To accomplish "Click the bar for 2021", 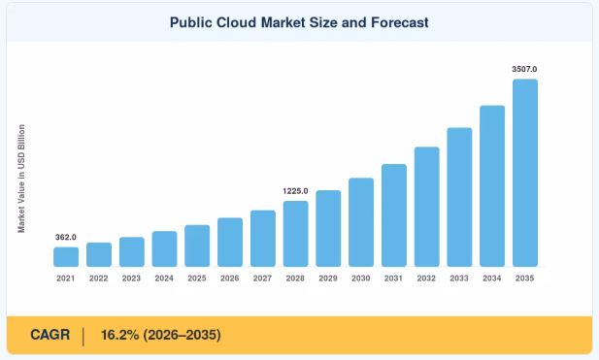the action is click(66, 257).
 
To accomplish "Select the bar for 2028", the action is click(295, 234).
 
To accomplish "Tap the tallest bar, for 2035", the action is click(525, 173).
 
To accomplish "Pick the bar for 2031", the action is click(394, 215).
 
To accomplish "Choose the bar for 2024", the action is click(164, 249).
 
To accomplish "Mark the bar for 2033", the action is click(459, 197).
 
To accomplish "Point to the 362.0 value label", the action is click(66, 237).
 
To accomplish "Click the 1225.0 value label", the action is click(295, 191).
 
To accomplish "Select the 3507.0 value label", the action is click(524, 69).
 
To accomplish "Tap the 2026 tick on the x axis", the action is click(229, 278).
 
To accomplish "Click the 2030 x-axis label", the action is click(360, 278).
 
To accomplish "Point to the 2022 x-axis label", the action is click(99, 278).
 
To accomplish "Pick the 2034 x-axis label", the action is click(491, 278).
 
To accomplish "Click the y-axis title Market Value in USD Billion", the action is click(21, 179).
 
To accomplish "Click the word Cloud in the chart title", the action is click(237, 22).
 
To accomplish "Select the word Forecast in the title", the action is click(400, 22).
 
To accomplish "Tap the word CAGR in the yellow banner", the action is click(50, 335).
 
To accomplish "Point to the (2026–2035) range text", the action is click(182, 335).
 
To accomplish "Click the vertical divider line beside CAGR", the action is click(83, 337).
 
